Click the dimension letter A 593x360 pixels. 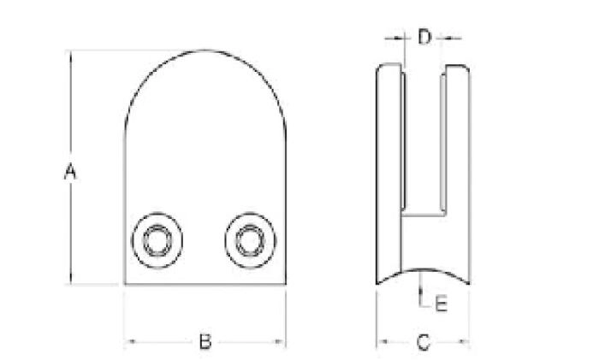click(70, 171)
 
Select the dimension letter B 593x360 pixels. click(205, 341)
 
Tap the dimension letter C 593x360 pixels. click(424, 342)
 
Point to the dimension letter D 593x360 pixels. click(424, 37)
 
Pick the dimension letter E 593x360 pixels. click(441, 304)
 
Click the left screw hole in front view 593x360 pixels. click(157, 240)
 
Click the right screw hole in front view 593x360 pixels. click(251, 240)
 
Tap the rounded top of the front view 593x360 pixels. click(205, 50)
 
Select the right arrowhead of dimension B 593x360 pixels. click(280, 341)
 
